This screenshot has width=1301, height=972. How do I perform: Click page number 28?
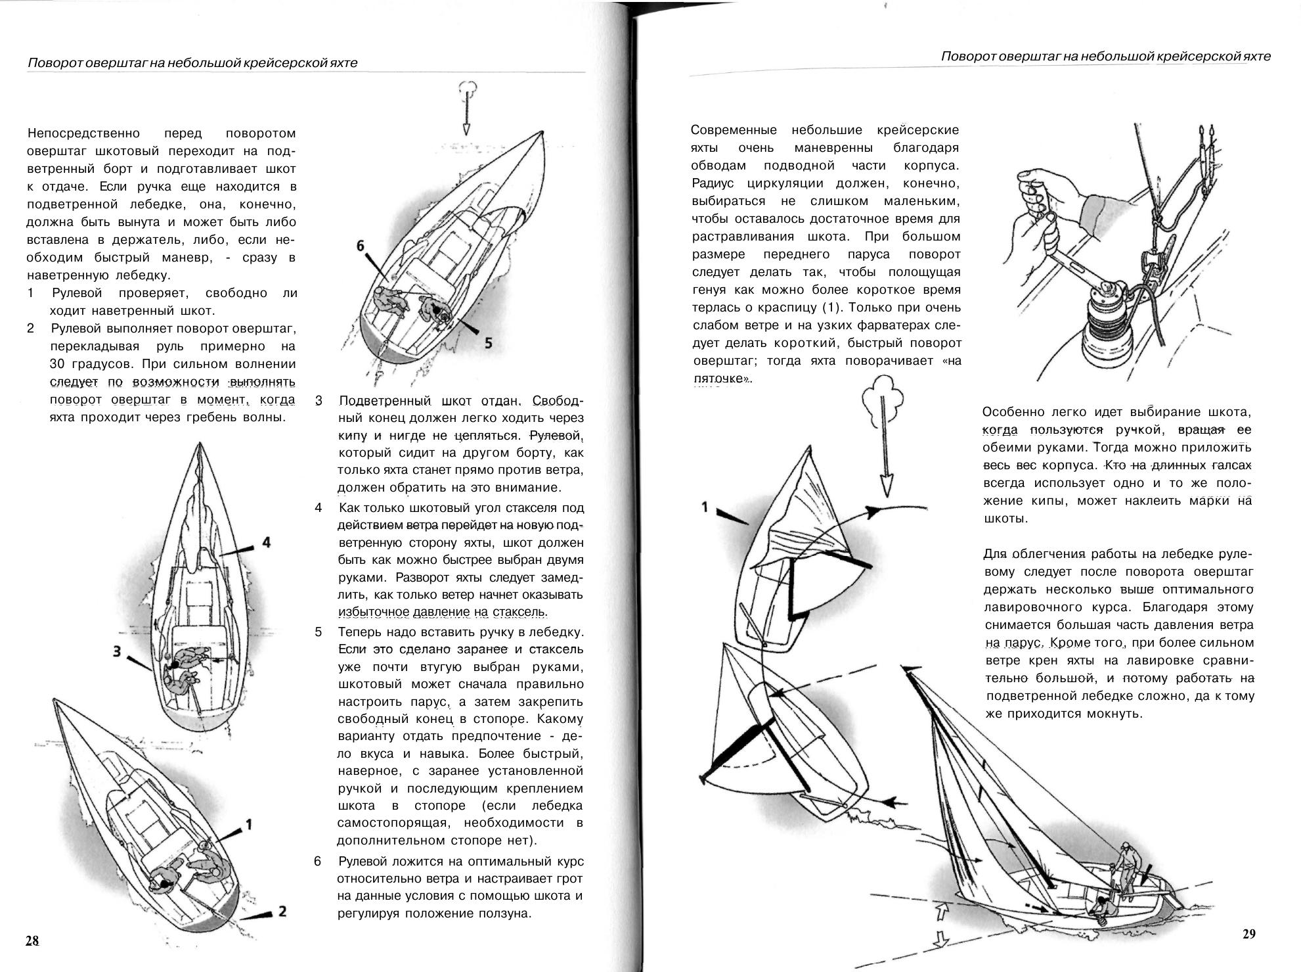32,940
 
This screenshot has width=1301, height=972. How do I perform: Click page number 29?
1248,934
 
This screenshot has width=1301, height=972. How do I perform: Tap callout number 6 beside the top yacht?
360,246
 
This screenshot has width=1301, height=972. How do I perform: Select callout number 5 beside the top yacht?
488,342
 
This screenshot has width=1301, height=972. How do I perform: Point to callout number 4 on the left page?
266,542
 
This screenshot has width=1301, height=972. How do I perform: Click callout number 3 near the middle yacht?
117,651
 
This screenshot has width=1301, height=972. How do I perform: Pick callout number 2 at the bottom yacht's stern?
282,911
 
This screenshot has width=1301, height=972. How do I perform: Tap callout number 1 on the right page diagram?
705,507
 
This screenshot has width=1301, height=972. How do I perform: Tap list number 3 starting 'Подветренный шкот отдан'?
319,401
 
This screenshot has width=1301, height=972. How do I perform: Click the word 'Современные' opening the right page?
734,130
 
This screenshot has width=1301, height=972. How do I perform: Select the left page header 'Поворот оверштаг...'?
192,63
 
